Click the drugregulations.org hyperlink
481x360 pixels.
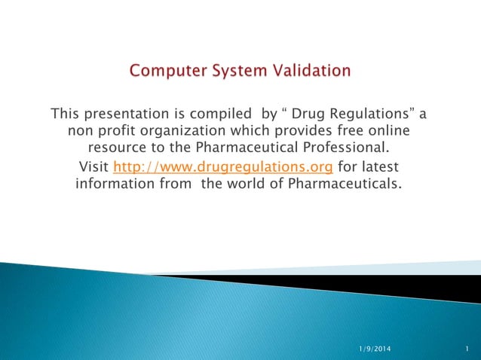point(222,166)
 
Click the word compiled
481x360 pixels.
point(222,114)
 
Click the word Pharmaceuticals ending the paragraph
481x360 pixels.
point(341,183)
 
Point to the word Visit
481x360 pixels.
point(93,166)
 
